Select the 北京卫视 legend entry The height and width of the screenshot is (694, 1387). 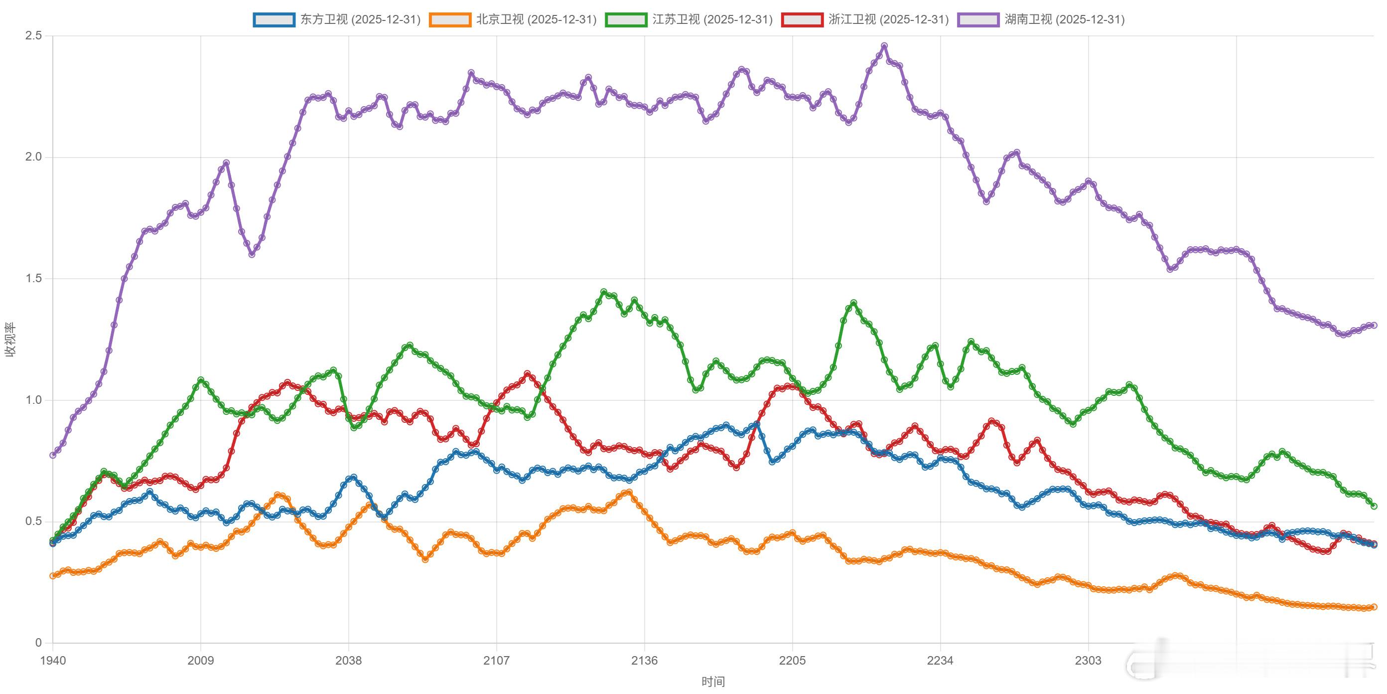click(513, 20)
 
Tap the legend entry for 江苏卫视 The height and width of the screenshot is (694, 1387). click(689, 20)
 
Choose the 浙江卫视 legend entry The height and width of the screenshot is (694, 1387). click(865, 20)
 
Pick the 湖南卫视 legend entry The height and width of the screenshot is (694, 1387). click(1041, 20)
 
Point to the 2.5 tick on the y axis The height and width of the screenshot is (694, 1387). click(33, 36)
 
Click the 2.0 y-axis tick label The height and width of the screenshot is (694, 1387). click(33, 158)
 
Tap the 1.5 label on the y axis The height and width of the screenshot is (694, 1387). click(33, 279)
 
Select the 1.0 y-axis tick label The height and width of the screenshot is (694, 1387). click(33, 400)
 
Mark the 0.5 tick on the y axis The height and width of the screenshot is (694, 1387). click(33, 521)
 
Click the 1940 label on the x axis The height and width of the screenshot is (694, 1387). click(53, 661)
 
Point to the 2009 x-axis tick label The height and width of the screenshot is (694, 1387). click(201, 661)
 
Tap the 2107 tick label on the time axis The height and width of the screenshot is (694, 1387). click(496, 661)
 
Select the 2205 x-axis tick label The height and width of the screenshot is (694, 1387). click(793, 661)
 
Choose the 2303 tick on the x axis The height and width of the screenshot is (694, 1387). click(1088, 661)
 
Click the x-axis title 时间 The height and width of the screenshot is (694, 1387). click(713, 682)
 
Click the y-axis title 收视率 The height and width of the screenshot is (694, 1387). click(11, 340)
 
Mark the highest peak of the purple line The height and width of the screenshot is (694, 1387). click(884, 46)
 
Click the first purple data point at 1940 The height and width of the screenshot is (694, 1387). click(53, 455)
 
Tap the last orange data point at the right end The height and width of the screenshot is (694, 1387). click(1374, 607)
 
